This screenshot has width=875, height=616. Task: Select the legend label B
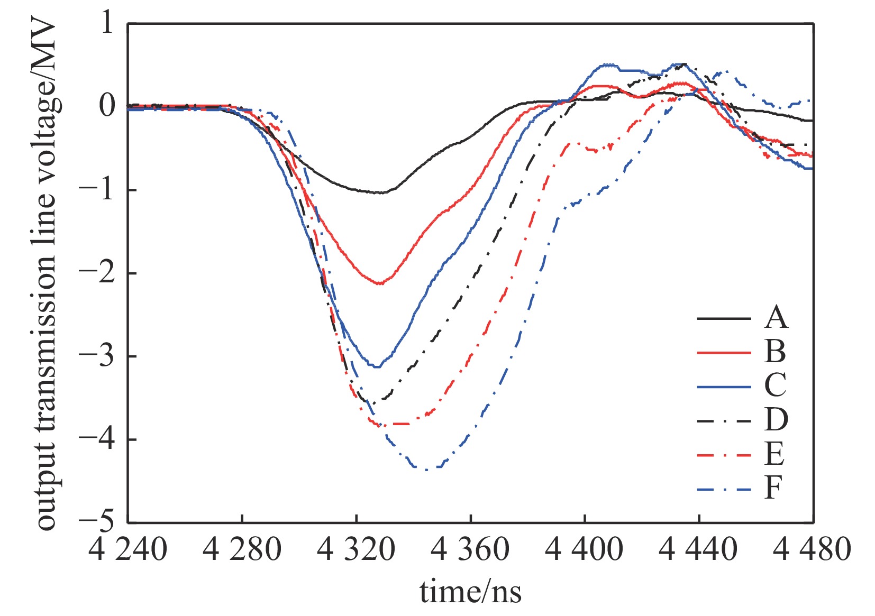(x=775, y=352)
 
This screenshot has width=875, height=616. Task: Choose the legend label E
(x=774, y=454)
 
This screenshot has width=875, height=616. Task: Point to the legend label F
(x=773, y=488)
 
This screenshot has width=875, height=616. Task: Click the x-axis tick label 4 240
(x=128, y=549)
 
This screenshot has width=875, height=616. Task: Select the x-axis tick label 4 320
(x=356, y=549)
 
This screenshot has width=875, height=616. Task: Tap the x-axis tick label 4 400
(x=584, y=549)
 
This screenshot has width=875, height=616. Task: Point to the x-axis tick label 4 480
(x=813, y=549)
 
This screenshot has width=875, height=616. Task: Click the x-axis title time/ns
(x=470, y=592)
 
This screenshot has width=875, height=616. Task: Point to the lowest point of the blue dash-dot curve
(x=426, y=469)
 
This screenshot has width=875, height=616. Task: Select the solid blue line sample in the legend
(x=724, y=387)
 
